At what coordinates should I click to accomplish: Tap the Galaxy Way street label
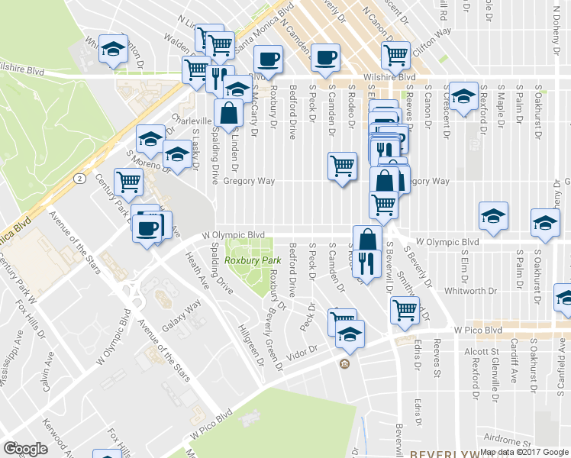coord(182,315)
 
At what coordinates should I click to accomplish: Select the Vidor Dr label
coord(302,353)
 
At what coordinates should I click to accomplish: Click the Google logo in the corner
coord(24,448)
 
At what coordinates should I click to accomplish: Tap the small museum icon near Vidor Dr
coord(344,363)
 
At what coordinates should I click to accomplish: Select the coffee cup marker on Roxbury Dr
coord(268,58)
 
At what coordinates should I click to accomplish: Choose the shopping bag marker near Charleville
coord(228,113)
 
